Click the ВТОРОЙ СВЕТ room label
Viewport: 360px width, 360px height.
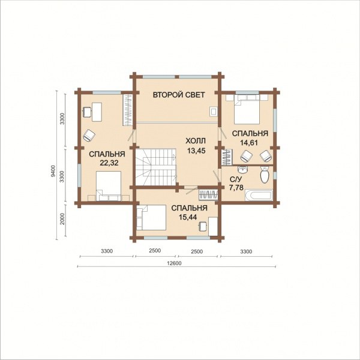point(179,95)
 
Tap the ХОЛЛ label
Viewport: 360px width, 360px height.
point(196,141)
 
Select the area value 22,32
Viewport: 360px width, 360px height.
point(109,163)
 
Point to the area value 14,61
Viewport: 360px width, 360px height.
point(249,143)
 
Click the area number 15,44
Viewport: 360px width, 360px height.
point(188,217)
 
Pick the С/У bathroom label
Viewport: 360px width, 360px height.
point(235,179)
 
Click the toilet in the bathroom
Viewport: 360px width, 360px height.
point(265,175)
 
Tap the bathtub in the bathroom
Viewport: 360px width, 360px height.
point(259,195)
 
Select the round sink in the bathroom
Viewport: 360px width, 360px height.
point(242,170)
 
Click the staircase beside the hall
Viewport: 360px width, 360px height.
point(155,167)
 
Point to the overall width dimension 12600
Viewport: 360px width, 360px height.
point(176,263)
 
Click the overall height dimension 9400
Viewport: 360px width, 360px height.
point(53,171)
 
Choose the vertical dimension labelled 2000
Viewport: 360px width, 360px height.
point(62,219)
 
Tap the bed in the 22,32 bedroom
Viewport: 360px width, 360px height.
point(109,186)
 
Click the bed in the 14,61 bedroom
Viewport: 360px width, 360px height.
point(247,110)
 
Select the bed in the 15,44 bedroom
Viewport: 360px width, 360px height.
point(151,217)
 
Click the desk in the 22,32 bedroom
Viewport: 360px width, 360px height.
point(97,112)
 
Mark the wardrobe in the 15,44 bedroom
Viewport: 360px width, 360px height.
point(208,195)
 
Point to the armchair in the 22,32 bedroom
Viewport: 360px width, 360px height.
point(89,135)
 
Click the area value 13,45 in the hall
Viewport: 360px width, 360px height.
point(196,151)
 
